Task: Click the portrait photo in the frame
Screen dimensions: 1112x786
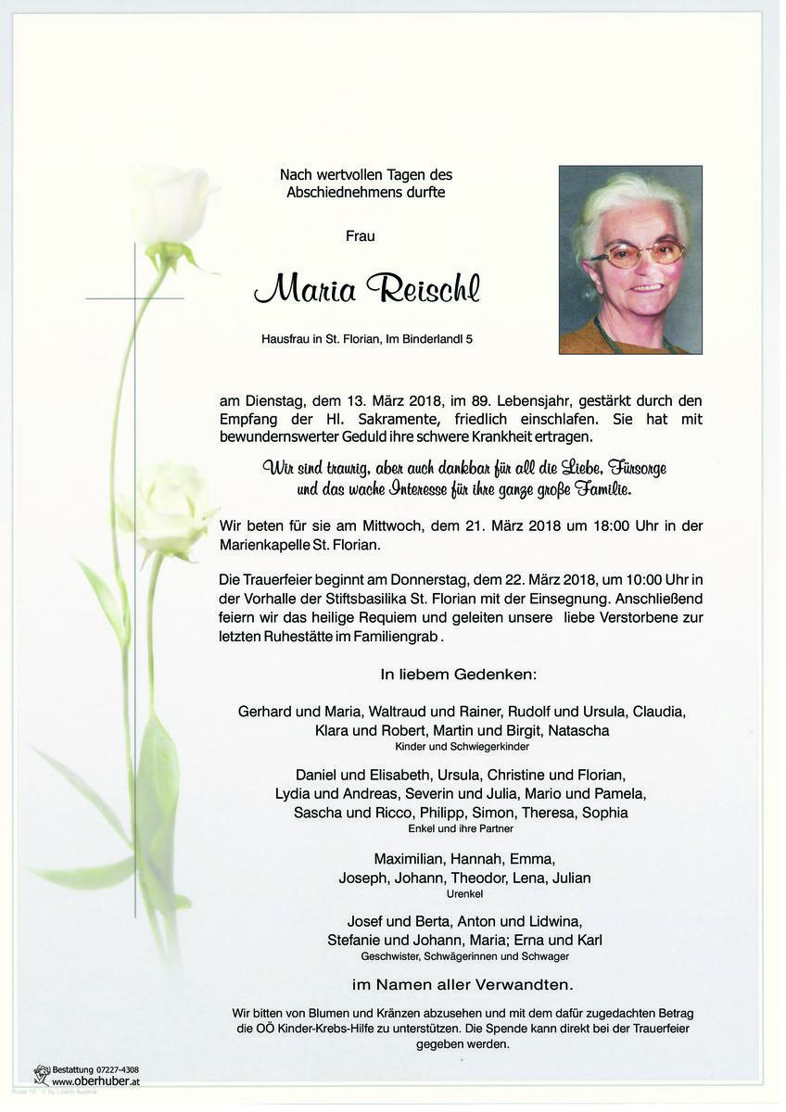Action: [x=630, y=259]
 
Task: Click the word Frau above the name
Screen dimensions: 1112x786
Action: [x=360, y=236]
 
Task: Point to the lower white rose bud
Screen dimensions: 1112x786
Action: [x=171, y=508]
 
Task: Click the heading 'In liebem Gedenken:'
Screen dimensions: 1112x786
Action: [x=458, y=674]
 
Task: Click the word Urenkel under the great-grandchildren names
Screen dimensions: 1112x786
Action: [x=463, y=894]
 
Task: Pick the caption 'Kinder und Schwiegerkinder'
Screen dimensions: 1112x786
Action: [x=462, y=746]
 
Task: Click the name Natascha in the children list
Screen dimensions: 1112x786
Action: [x=578, y=730]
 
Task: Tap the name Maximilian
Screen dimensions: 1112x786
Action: [x=411, y=858]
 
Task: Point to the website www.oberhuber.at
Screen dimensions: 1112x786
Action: [x=95, y=1081]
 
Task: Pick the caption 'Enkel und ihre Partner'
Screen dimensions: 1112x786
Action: [x=462, y=828]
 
